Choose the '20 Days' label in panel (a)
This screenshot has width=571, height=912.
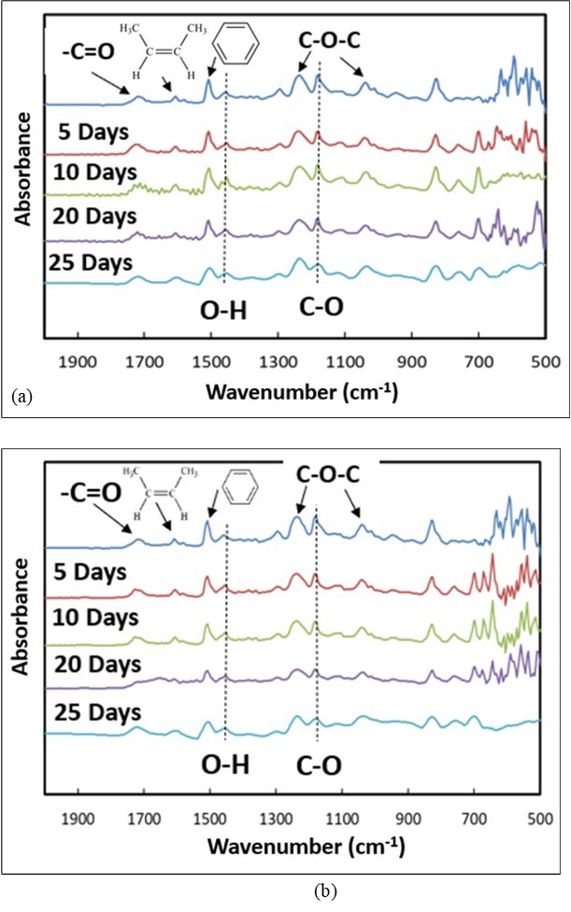coord(95,217)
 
